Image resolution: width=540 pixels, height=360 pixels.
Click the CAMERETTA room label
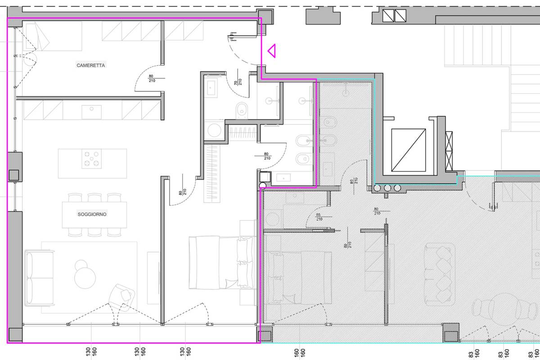coord(90,65)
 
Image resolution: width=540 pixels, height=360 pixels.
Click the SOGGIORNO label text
coord(92,214)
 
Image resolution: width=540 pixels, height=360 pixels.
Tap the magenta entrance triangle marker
coord(272,51)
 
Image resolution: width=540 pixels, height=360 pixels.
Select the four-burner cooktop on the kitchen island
coord(92,159)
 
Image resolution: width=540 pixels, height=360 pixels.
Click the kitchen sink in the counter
coord(91,112)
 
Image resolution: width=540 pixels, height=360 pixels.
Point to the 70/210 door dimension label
coord(238,82)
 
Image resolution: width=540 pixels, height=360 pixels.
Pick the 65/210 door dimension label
coord(319,217)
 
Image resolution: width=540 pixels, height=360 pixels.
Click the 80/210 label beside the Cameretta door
coord(152,78)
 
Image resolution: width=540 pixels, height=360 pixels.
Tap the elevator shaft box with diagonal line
coord(409,150)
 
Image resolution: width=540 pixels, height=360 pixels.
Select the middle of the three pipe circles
coord(387,188)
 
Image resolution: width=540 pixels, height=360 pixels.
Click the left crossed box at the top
coord(388,16)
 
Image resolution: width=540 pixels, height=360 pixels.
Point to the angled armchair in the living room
coord(122,297)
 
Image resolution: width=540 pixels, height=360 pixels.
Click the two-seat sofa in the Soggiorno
coord(39,278)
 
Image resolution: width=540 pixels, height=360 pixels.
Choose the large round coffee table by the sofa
coord(85,278)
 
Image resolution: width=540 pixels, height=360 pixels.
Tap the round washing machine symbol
coord(214,130)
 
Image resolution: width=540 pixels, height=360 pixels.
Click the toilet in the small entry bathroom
coord(242,110)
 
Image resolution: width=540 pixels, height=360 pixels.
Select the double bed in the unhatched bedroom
coord(221,262)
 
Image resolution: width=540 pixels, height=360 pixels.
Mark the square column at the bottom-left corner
coord(15,334)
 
